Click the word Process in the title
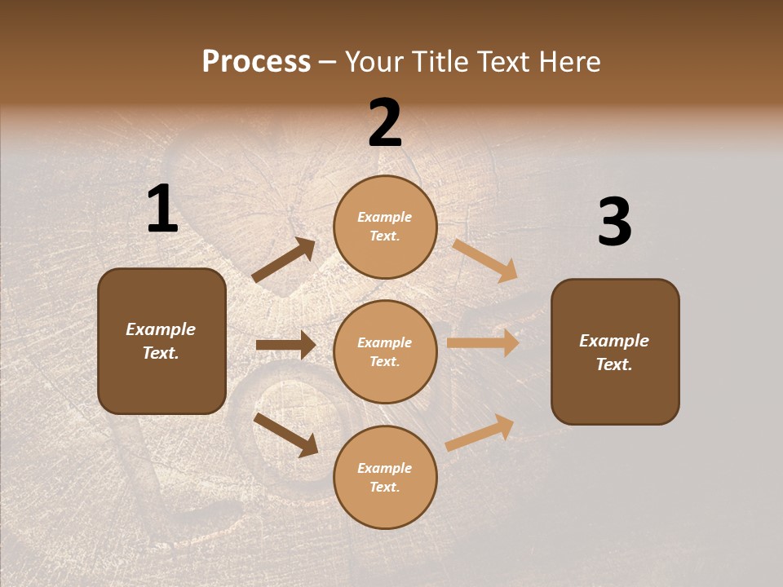pos(256,62)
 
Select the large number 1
pos(162,210)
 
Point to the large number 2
pos(385,124)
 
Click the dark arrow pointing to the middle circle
pos(285,345)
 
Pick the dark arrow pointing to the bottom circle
pos(285,435)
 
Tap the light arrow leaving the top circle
pos(485,260)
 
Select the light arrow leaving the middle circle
pos(483,342)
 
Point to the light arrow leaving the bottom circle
pos(480,432)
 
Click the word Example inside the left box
pos(161,329)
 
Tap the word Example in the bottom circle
pos(384,468)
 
